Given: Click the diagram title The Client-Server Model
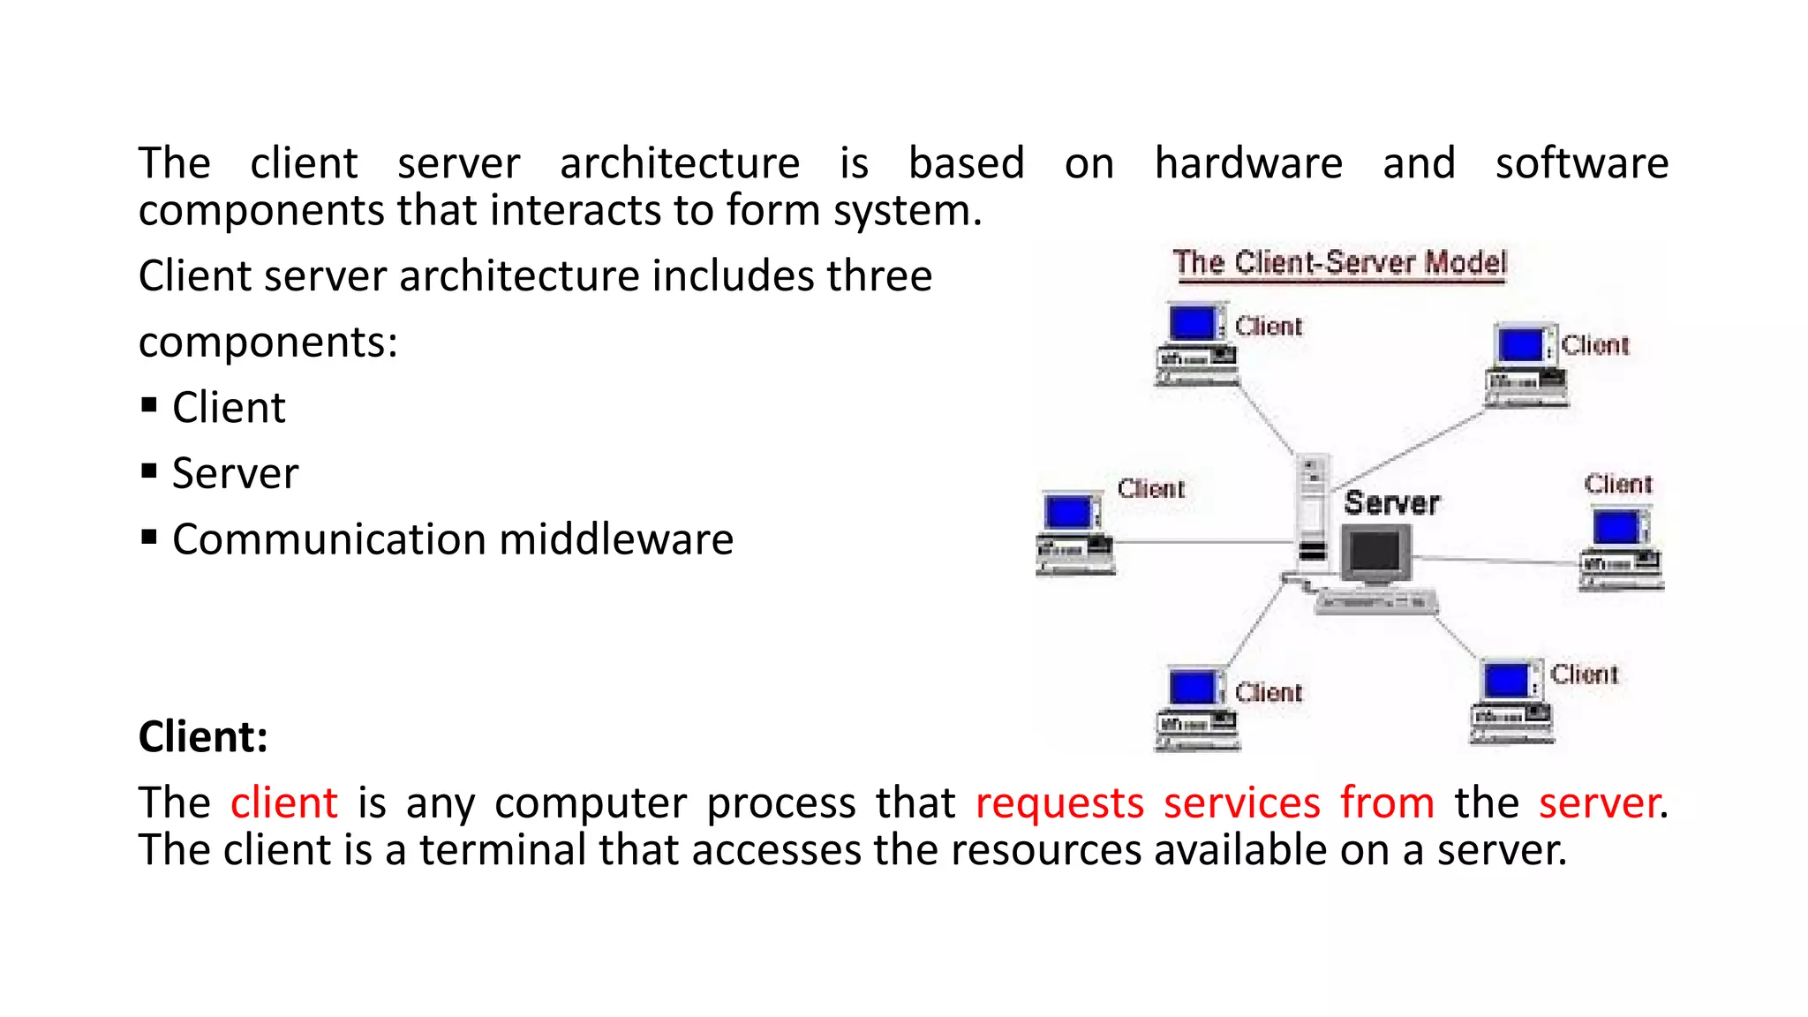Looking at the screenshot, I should tap(1339, 263).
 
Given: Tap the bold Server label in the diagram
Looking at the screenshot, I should tap(1391, 503).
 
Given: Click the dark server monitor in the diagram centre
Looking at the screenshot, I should tap(1375, 554).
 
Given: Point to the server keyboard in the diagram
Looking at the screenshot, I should tap(1375, 602).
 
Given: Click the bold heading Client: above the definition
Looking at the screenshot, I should tap(203, 736).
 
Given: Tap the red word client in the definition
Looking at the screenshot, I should tap(283, 802).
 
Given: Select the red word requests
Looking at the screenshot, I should tap(1059, 802).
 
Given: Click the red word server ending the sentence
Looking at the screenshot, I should tap(1598, 802).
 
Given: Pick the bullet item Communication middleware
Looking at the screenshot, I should tap(452, 539).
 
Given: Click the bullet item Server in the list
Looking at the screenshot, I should tap(235, 473).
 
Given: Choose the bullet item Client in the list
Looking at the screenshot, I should tap(229, 408).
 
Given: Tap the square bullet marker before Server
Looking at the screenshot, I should tap(149, 471).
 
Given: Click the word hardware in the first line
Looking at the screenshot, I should tap(1248, 163).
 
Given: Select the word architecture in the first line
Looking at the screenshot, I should tap(680, 163).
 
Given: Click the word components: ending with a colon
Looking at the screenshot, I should tap(267, 343).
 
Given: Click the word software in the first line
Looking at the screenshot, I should tap(1581, 163).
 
